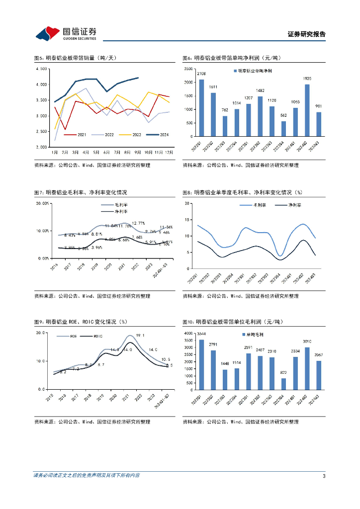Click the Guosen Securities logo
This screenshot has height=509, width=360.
[66, 33]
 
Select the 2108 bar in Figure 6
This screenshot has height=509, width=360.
[201, 107]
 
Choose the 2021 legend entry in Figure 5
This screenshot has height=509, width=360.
[77, 134]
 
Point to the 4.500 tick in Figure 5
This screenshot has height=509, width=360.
[41, 69]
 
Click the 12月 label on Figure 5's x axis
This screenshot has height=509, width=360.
[169, 152]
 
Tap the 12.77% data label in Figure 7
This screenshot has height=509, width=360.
[138, 223]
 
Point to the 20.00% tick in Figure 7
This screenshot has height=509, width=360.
[42, 203]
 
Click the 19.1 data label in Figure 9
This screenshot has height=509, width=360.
[140, 335]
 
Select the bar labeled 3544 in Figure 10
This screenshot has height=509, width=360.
[201, 365]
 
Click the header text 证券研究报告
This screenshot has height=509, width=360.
[306, 34]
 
